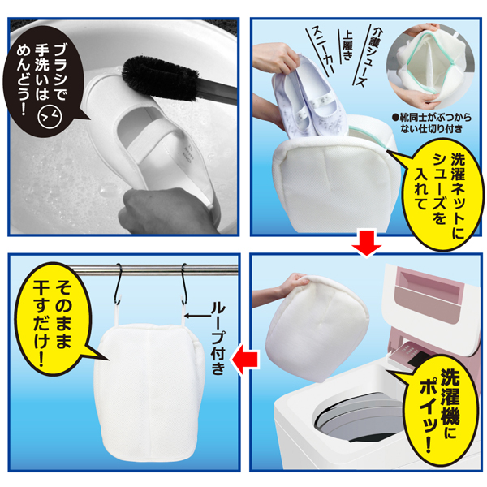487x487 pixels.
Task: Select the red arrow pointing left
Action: point(243,354)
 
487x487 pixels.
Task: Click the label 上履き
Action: point(348,41)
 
